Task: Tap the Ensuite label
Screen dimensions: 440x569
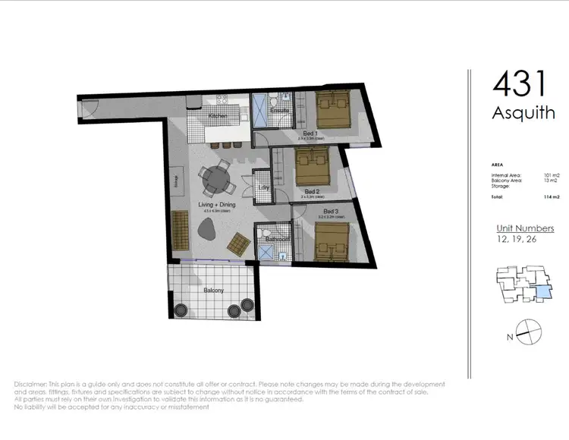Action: point(280,111)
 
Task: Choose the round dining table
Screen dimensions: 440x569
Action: point(218,180)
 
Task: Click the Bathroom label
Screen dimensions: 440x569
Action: point(272,239)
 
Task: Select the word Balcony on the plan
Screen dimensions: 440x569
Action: point(212,290)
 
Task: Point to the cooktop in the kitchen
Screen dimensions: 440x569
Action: point(223,99)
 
